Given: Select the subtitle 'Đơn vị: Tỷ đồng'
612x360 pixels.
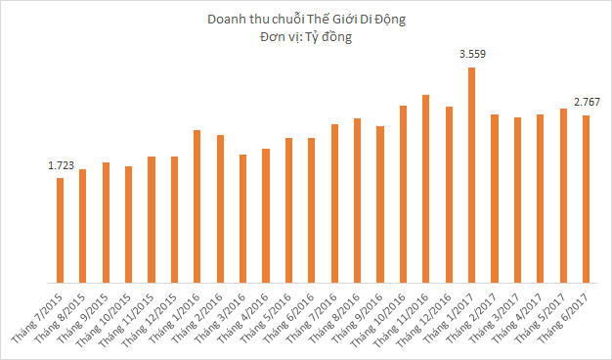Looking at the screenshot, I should pyautogui.click(x=305, y=37).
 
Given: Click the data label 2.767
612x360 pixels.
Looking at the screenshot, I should pyautogui.click(x=587, y=103).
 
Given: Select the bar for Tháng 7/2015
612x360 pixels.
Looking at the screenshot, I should pyautogui.click(x=60, y=231).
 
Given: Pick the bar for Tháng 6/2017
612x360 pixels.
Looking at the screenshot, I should pyautogui.click(x=586, y=200).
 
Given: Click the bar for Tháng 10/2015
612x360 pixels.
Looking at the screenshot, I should pyautogui.click(x=128, y=225).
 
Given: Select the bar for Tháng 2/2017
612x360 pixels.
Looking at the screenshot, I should pyautogui.click(x=495, y=200).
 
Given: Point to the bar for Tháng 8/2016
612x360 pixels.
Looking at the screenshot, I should pyautogui.click(x=357, y=202).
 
